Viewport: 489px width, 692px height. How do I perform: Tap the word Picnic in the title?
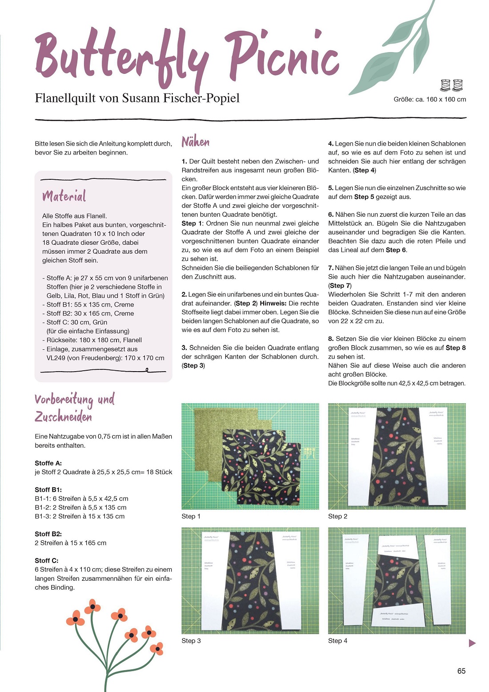coord(283,56)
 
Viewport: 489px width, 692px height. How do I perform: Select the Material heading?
coord(64,196)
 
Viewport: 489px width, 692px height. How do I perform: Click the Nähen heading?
coord(195,142)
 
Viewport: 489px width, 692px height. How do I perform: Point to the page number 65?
coord(461,671)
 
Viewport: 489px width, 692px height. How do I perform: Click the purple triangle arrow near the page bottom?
coord(472,643)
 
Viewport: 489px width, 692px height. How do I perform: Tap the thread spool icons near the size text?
coord(451,84)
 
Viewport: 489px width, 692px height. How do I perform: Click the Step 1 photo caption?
coord(191,516)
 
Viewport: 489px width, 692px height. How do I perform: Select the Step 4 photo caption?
coord(337,640)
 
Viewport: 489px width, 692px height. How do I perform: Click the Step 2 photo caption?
coord(337,516)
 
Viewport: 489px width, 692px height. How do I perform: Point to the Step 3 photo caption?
coord(191,640)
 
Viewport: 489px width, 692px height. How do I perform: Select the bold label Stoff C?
coord(46,560)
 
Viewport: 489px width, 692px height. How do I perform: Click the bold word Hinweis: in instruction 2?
coord(273,303)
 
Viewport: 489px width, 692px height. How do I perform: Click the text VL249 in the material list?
coord(56,358)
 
